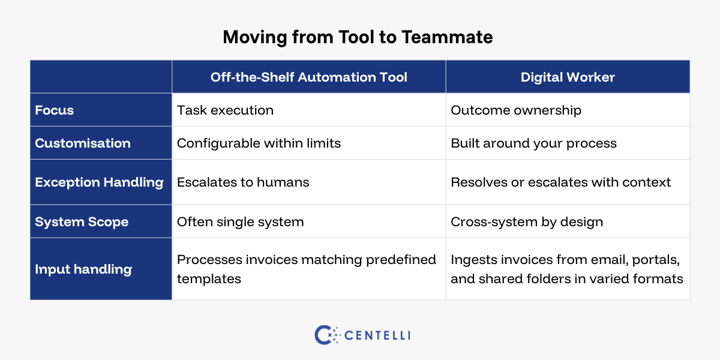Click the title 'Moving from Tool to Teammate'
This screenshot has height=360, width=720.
click(x=358, y=37)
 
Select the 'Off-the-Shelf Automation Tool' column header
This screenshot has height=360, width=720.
click(x=308, y=77)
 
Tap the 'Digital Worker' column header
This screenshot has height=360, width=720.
click(x=568, y=77)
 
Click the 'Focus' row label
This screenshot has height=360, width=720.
click(x=54, y=110)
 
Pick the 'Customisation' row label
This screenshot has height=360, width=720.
click(x=83, y=143)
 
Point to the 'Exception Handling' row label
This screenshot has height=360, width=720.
click(x=99, y=182)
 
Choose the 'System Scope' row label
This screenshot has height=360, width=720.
click(x=82, y=222)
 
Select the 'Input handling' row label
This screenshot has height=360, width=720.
click(x=83, y=269)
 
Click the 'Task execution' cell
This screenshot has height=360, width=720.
click(x=225, y=110)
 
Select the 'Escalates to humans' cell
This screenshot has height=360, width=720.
click(x=243, y=182)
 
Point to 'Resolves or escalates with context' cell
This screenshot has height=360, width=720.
click(x=560, y=182)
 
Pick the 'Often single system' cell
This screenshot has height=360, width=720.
click(x=240, y=222)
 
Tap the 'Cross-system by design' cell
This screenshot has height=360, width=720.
click(x=526, y=222)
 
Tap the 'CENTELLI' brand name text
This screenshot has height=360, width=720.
click(x=377, y=335)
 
